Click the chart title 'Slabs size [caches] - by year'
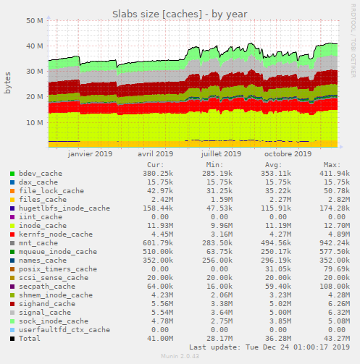(180, 14)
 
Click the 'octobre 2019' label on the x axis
(288, 153)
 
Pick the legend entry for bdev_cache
(40, 174)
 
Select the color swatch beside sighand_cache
(12, 303)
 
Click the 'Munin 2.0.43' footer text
(180, 357)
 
